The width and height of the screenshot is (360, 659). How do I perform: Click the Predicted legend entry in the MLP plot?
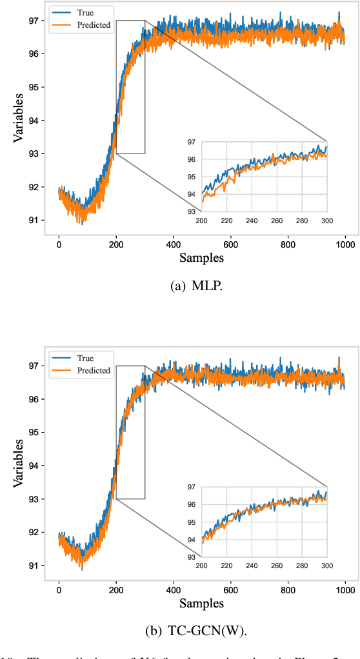(94, 25)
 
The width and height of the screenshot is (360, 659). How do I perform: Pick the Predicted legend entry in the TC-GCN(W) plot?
(94, 371)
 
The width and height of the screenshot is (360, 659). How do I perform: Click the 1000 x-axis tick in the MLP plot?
(345, 244)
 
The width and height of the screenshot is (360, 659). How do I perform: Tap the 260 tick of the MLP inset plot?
(277, 220)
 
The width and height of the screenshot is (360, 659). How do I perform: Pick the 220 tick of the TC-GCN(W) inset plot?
(226, 566)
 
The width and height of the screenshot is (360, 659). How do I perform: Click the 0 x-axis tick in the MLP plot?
(59, 244)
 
